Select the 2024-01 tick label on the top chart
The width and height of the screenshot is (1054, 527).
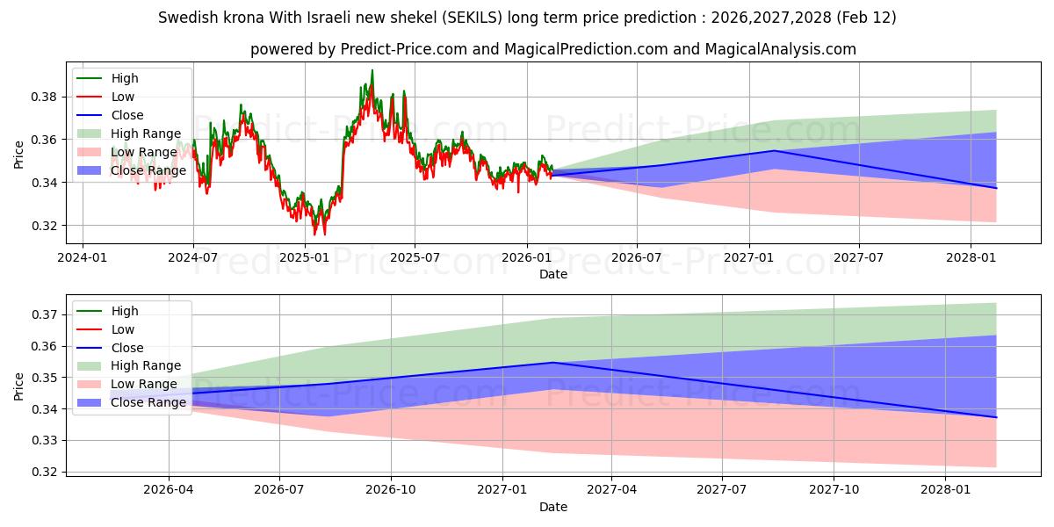click(x=83, y=257)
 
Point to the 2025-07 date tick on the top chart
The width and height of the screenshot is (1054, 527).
click(x=414, y=257)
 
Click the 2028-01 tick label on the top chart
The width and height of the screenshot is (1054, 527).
click(x=970, y=257)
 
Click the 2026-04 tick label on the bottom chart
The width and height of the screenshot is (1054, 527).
click(x=168, y=490)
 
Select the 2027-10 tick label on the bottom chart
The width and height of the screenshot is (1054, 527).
click(x=834, y=490)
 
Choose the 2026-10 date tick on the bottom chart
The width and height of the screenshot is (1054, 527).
click(x=391, y=490)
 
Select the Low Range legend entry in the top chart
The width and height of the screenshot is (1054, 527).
click(x=144, y=152)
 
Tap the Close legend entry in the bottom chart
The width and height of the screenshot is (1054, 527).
click(x=127, y=348)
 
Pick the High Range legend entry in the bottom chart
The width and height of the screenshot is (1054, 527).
click(x=146, y=365)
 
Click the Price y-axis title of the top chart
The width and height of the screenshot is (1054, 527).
click(x=19, y=154)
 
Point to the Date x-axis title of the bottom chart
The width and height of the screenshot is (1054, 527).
click(x=553, y=507)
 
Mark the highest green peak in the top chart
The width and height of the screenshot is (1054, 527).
click(x=372, y=70)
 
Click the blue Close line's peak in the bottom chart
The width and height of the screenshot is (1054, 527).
click(x=552, y=362)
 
